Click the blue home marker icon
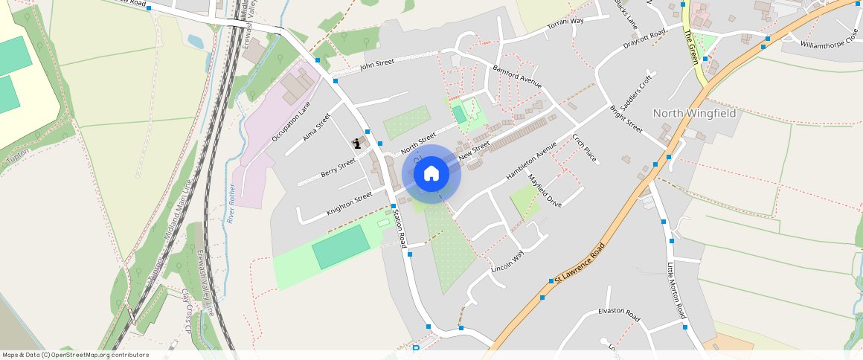click(x=431, y=173)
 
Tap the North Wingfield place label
click(x=694, y=114)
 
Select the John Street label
click(x=376, y=65)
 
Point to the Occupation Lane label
click(x=291, y=122)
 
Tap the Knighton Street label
click(x=349, y=204)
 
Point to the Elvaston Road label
click(x=619, y=315)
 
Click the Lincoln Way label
click(x=508, y=261)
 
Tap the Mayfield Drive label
click(x=545, y=191)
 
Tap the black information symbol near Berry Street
click(x=358, y=144)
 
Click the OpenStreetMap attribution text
click(x=76, y=355)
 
